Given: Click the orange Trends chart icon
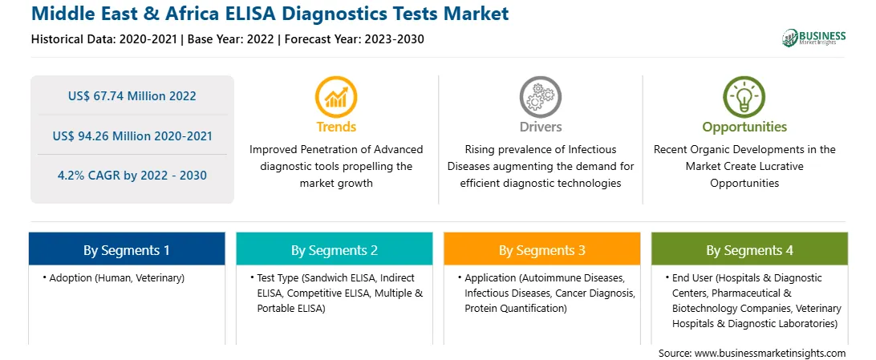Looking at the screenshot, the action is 336,96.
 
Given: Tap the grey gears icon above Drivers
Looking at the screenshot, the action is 540,96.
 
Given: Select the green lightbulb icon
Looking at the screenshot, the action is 744,96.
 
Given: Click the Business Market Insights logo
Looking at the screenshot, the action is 814,38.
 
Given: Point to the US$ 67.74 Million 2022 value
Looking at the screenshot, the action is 132,96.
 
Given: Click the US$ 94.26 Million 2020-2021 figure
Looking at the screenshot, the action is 132,136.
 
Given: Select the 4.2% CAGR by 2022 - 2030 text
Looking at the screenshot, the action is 132,176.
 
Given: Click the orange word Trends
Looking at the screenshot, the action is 336,127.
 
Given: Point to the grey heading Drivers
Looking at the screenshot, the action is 541,127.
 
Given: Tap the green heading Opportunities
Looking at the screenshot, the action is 744,127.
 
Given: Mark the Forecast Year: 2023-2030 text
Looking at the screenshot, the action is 355,39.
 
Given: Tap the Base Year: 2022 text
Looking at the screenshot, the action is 231,39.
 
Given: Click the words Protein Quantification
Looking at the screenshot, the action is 516,308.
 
